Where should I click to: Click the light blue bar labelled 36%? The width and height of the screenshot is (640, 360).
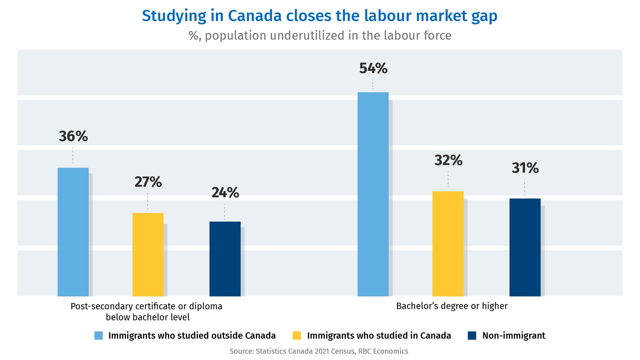[73, 232]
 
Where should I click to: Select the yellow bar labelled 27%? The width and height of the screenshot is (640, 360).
[148, 254]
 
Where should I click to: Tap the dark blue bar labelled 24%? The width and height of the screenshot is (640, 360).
[225, 259]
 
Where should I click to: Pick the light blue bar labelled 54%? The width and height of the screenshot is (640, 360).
[373, 194]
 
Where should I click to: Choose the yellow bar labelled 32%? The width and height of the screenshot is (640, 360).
[448, 244]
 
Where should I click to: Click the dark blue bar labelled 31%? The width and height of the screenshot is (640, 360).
[525, 247]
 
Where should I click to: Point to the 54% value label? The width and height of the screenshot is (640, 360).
[373, 68]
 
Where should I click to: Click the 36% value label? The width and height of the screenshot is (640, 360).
[73, 136]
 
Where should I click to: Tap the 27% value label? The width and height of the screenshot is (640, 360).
[148, 182]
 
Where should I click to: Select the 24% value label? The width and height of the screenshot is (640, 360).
[225, 193]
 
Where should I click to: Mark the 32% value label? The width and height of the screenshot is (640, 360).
[448, 160]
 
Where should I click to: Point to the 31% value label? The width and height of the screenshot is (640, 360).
[525, 168]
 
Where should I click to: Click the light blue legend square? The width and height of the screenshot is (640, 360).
[99, 336]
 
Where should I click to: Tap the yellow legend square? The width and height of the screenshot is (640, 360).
[297, 336]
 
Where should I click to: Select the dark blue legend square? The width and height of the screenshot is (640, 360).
[472, 336]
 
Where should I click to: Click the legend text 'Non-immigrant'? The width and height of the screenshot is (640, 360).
[514, 336]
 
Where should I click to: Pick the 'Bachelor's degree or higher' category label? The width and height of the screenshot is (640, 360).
[452, 306]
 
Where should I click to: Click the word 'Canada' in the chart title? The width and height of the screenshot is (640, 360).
[255, 16]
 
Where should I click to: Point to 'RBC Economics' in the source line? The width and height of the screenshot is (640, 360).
[383, 351]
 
